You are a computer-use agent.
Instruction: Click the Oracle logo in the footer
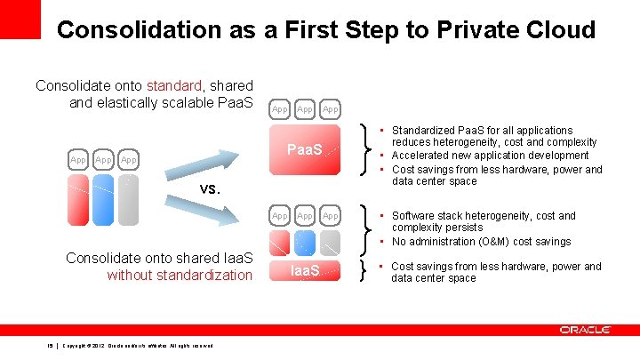coord(585,330)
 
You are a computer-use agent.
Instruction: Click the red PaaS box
coord(305,149)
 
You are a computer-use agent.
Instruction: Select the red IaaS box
coord(305,270)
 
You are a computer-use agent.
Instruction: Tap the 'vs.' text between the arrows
coord(210,188)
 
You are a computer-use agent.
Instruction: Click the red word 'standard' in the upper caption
coord(171,85)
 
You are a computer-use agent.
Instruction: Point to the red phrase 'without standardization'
coord(180,275)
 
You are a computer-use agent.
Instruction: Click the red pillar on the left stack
coord(79,197)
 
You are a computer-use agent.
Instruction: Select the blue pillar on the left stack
coord(104,197)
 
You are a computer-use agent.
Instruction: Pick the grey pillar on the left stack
coord(129,197)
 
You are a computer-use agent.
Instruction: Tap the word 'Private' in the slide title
coord(476,29)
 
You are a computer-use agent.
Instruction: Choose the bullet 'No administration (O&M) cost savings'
coord(481,242)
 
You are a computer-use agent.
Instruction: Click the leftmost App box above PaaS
coord(280,109)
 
